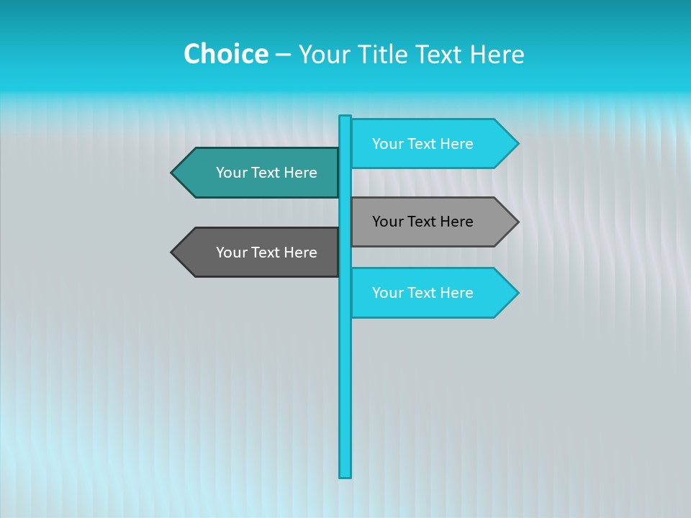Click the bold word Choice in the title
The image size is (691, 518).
(225, 54)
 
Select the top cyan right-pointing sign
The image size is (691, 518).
(432, 144)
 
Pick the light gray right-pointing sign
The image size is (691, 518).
(432, 222)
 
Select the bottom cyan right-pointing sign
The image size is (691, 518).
(432, 293)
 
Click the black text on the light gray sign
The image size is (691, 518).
(423, 222)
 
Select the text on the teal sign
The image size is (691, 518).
(266, 173)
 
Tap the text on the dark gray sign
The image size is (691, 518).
(266, 253)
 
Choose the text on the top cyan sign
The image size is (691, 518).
(423, 144)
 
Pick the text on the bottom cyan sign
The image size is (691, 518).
(423, 293)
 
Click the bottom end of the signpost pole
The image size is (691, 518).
(345, 474)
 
